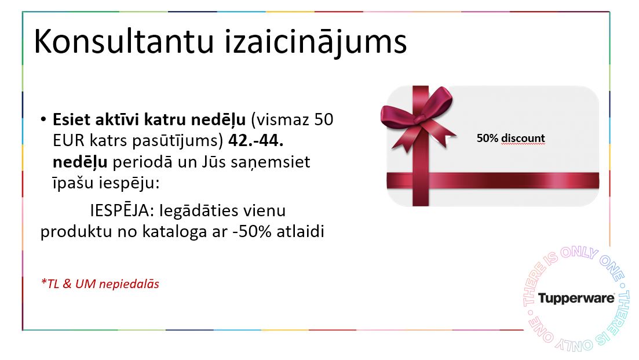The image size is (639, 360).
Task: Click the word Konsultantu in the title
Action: (x=124, y=41)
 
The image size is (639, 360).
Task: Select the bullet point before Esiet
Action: (x=43, y=120)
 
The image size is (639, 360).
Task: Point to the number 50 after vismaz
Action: (x=324, y=120)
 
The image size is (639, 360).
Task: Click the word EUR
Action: (x=68, y=141)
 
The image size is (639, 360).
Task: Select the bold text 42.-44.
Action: (x=255, y=141)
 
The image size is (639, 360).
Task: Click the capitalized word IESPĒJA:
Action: (x=122, y=210)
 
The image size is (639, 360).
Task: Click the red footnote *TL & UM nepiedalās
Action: (x=100, y=283)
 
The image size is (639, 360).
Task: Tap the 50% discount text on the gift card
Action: (x=510, y=139)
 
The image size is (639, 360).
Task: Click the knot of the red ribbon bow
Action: (x=419, y=118)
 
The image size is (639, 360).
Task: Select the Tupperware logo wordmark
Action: (x=576, y=299)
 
